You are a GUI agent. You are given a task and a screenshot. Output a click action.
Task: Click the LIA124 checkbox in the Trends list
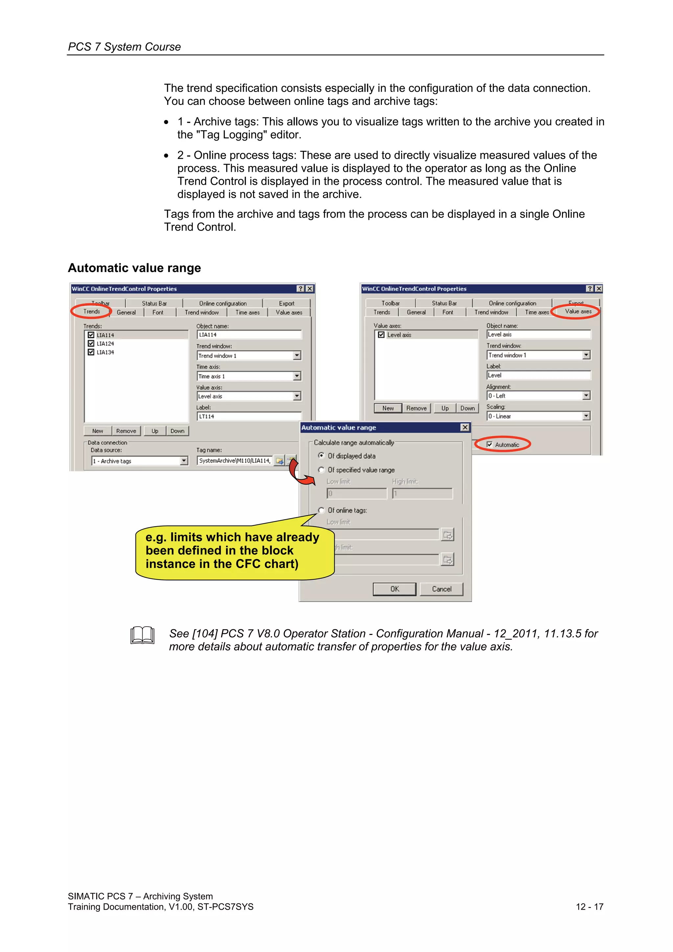91,343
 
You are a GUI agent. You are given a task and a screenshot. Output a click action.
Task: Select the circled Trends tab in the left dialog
92,312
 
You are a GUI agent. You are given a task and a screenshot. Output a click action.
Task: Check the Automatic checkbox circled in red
489,445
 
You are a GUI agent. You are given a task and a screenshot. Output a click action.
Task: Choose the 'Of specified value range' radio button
321,470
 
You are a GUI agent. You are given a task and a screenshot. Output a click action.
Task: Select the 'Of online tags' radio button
321,510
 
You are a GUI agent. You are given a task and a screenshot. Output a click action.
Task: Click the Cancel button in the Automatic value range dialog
441,589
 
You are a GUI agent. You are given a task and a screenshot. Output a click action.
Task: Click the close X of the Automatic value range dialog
465,428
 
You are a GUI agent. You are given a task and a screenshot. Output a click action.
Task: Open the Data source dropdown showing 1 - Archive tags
184,461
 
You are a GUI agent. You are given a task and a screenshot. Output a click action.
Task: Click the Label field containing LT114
249,416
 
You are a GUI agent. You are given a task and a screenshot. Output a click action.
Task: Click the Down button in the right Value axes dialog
467,408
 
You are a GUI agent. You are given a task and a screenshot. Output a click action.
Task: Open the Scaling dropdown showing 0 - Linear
586,416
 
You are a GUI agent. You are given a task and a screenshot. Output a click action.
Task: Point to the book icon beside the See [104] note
142,635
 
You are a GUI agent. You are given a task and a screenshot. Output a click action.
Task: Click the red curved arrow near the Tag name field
300,474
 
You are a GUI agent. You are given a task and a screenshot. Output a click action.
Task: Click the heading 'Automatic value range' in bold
134,268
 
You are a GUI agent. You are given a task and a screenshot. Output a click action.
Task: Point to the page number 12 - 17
589,907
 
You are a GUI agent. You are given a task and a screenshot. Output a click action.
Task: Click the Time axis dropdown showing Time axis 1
296,376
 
